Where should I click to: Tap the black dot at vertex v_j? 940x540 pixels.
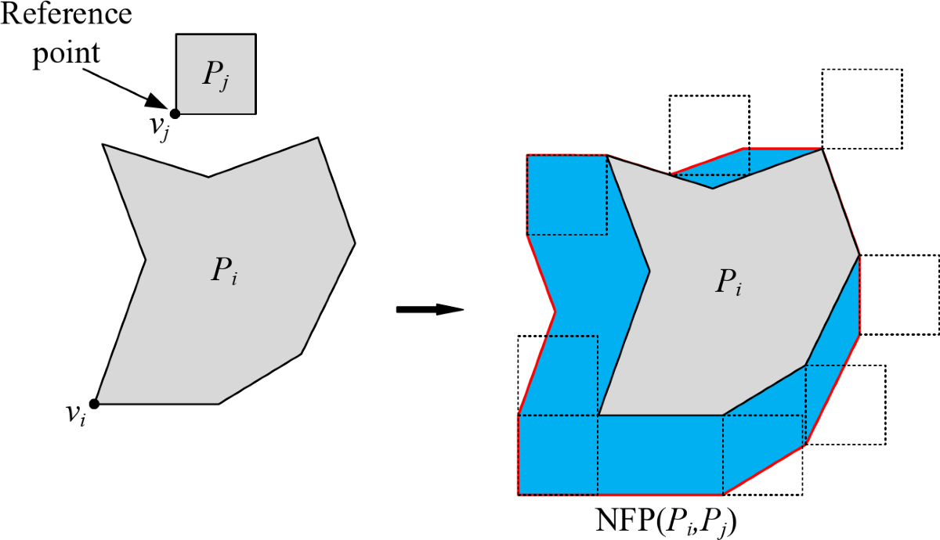tap(175, 113)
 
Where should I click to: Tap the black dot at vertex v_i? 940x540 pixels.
tap(94, 404)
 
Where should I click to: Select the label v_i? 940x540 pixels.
tap(76, 415)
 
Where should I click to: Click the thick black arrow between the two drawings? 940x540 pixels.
tap(429, 310)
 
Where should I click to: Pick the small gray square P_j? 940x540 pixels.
tap(215, 74)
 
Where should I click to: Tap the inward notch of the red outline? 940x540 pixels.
tap(555, 311)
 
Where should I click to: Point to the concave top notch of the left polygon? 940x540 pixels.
tap(208, 177)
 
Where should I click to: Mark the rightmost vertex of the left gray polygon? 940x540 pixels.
tap(355, 243)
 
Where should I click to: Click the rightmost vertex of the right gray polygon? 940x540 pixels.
tap(859, 254)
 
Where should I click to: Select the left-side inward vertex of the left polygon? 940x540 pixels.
tap(146, 258)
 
